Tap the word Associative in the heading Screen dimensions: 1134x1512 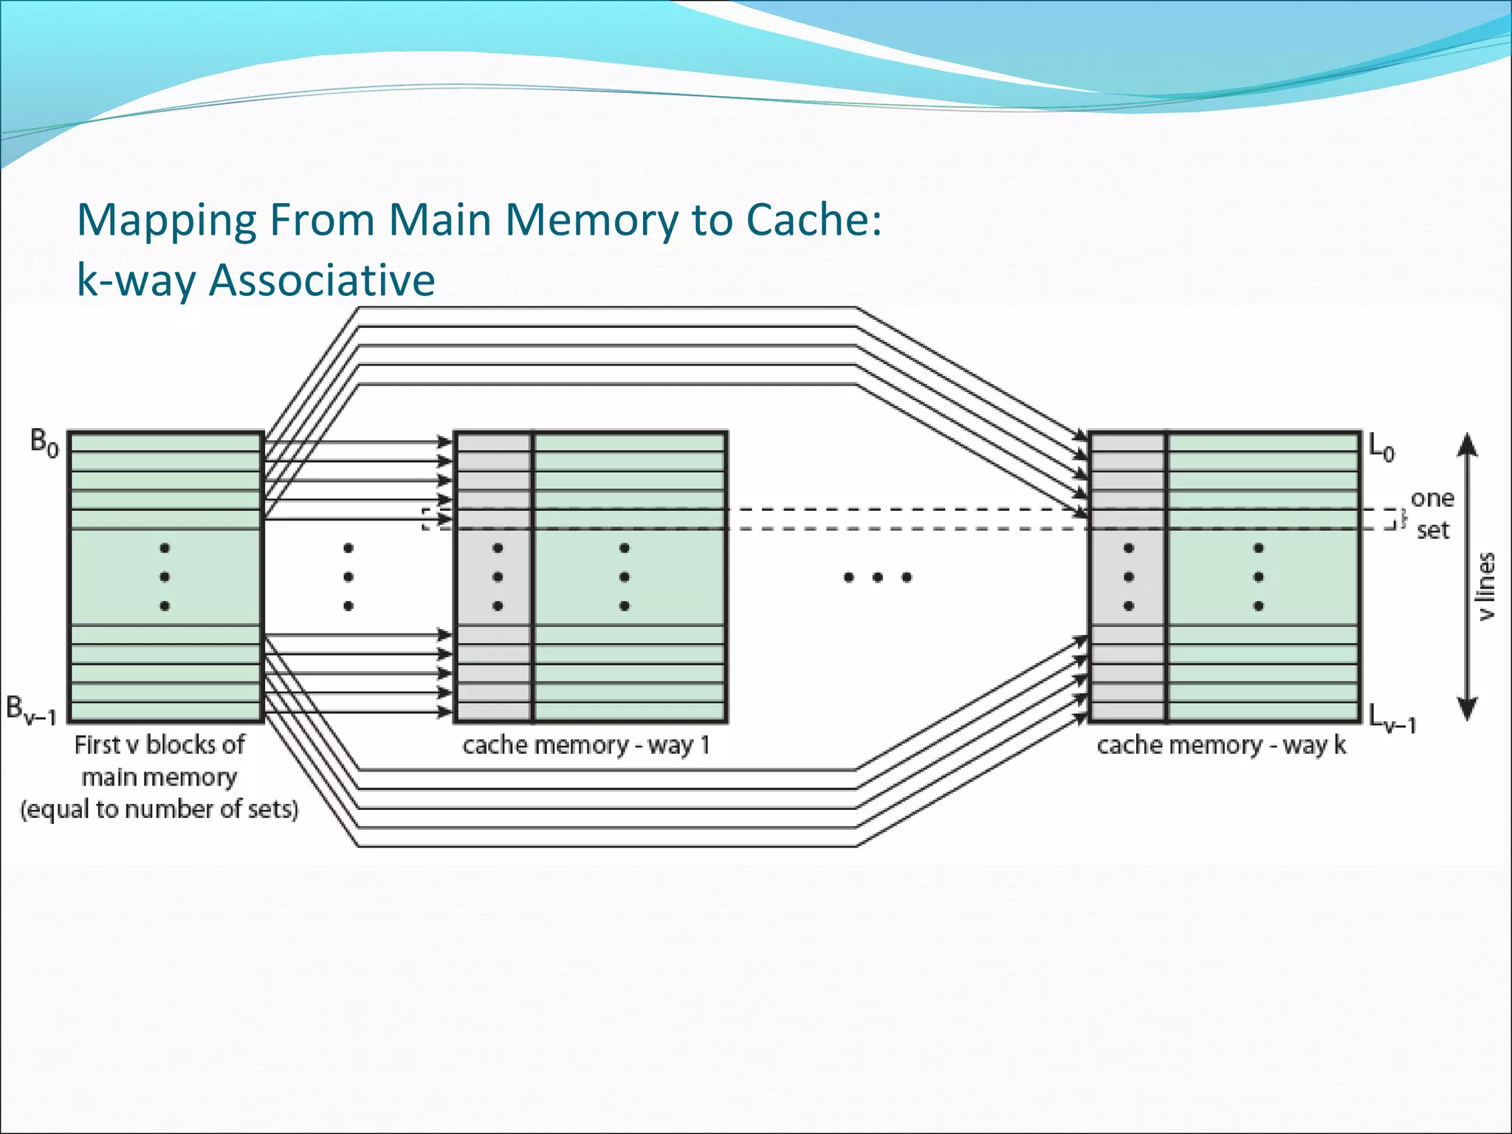(x=322, y=281)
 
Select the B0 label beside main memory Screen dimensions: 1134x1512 (x=44, y=443)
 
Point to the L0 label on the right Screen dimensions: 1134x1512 (x=1381, y=447)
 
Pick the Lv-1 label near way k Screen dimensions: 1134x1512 (x=1392, y=718)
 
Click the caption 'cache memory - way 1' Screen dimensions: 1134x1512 (x=586, y=746)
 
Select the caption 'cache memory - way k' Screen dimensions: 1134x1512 (x=1221, y=746)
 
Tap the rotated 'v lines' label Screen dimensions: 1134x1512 (x=1487, y=586)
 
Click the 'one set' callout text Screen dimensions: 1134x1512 (x=1432, y=515)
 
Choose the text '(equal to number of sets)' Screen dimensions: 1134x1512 (x=159, y=810)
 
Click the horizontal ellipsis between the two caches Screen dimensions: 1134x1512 (x=877, y=577)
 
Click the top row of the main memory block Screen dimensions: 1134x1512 (x=165, y=442)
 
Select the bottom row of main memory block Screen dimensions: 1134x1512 (x=165, y=712)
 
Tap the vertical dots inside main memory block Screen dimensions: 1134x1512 (x=165, y=577)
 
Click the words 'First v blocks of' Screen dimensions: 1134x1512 (x=159, y=745)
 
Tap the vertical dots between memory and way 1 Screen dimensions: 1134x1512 (x=348, y=577)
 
